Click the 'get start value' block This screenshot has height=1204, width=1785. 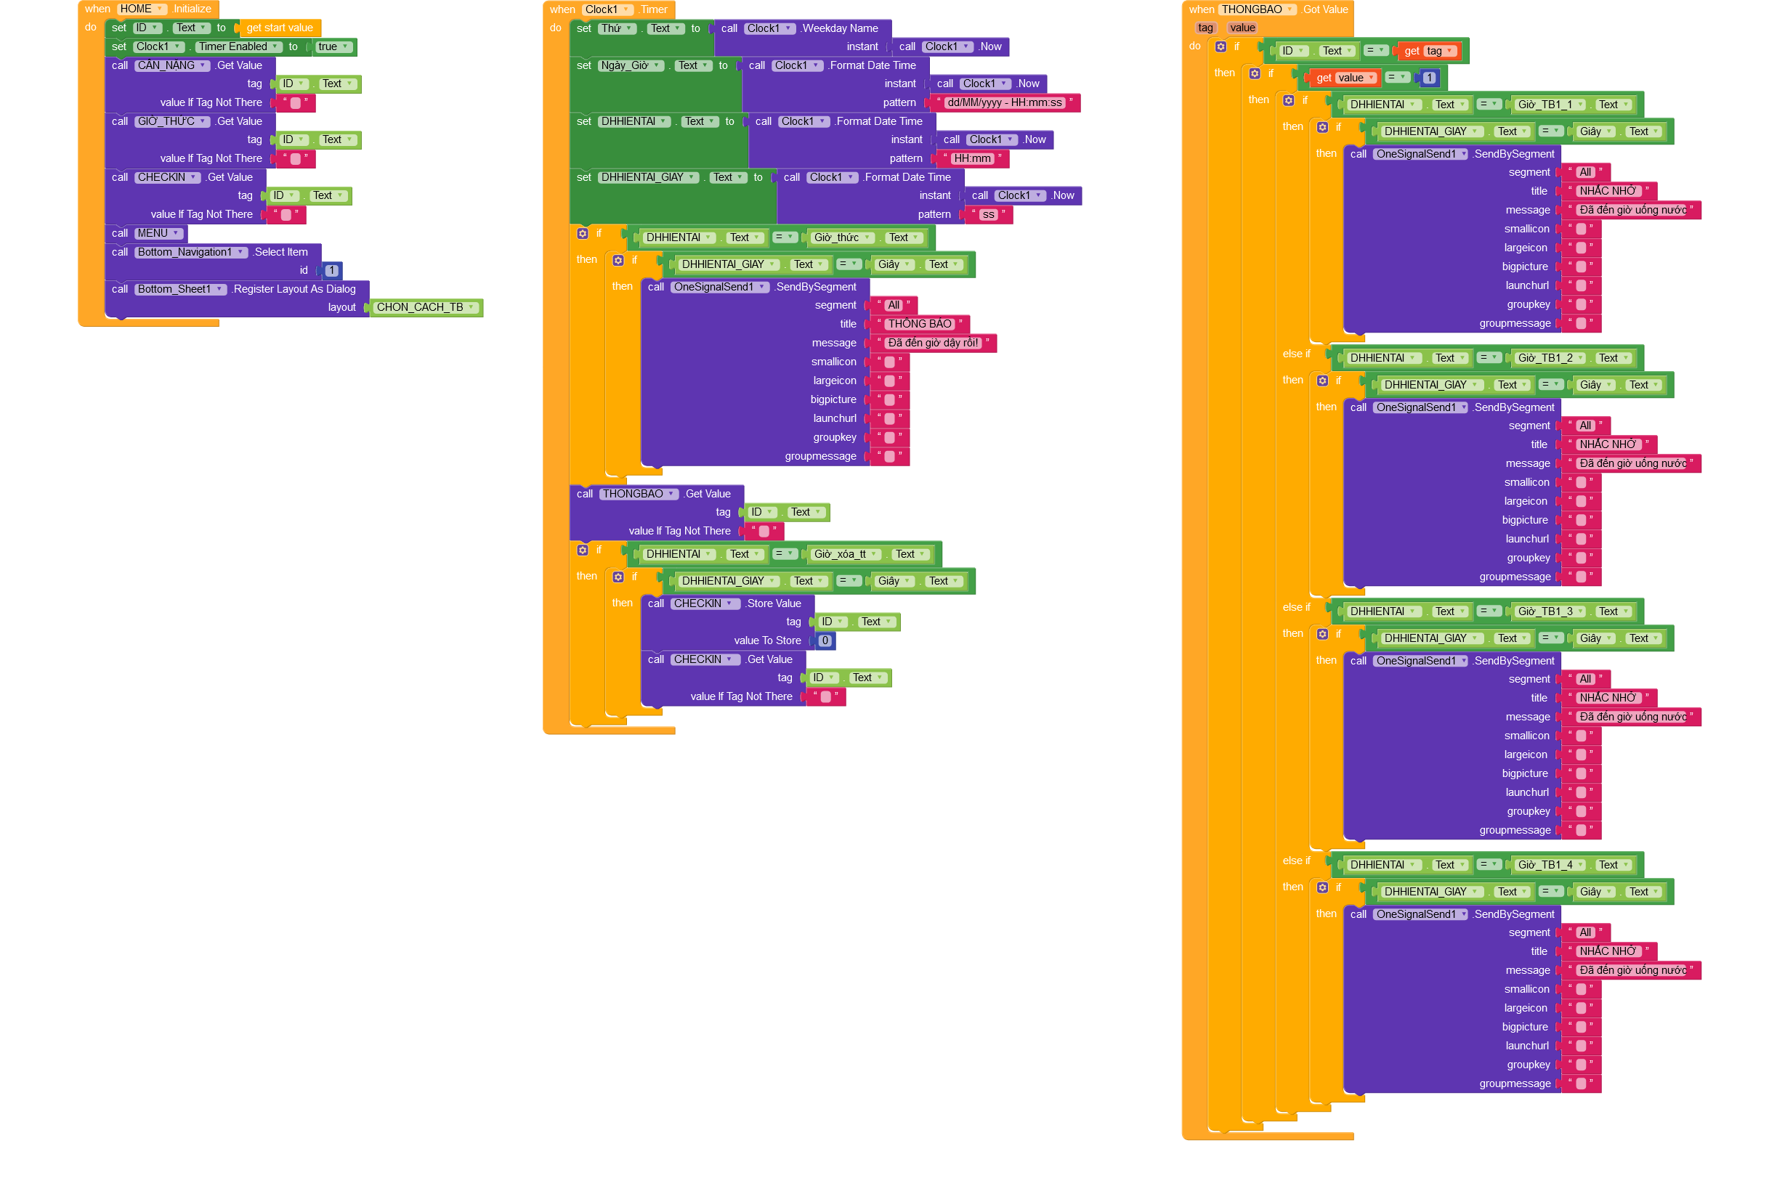tap(280, 28)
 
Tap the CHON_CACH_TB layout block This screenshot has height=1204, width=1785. tap(425, 307)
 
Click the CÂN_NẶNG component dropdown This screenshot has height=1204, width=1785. tap(172, 65)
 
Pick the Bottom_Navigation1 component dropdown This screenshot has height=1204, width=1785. tap(191, 252)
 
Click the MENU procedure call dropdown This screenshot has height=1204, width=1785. tap(158, 233)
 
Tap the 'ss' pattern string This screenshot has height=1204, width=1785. tap(988, 215)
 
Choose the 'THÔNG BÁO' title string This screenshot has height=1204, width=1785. tap(920, 324)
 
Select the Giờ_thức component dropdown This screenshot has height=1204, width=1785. tap(843, 238)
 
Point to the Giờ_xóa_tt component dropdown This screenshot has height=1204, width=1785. tap(846, 554)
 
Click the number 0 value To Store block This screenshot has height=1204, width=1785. tap(825, 640)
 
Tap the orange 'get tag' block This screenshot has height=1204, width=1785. tap(1428, 52)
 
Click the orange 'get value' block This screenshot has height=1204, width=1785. tap(1344, 78)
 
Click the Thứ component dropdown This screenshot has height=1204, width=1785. tap(617, 28)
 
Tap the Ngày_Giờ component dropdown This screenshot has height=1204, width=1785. tap(631, 65)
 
